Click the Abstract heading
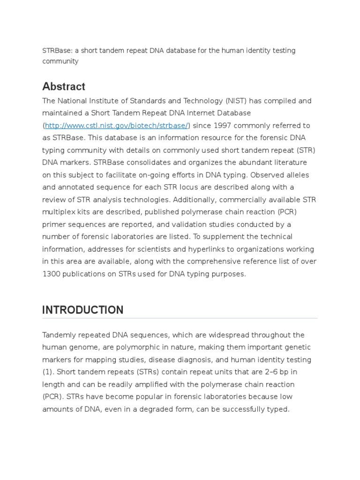(x=64, y=87)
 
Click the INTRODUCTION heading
(x=83, y=310)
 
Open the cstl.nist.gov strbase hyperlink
(x=116, y=126)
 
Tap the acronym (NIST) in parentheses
(x=238, y=101)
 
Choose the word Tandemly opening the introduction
(x=60, y=335)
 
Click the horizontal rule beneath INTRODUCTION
(x=180, y=319)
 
